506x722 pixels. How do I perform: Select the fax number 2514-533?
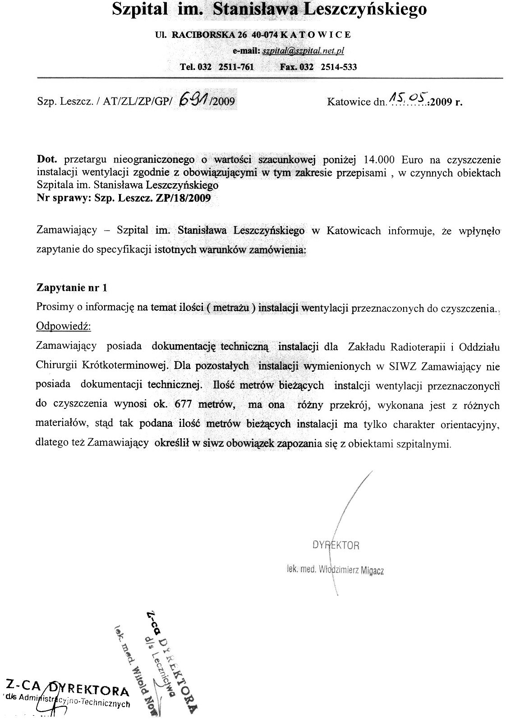(338, 67)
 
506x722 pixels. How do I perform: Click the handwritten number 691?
(193, 98)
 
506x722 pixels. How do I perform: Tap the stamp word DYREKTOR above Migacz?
(336, 545)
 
